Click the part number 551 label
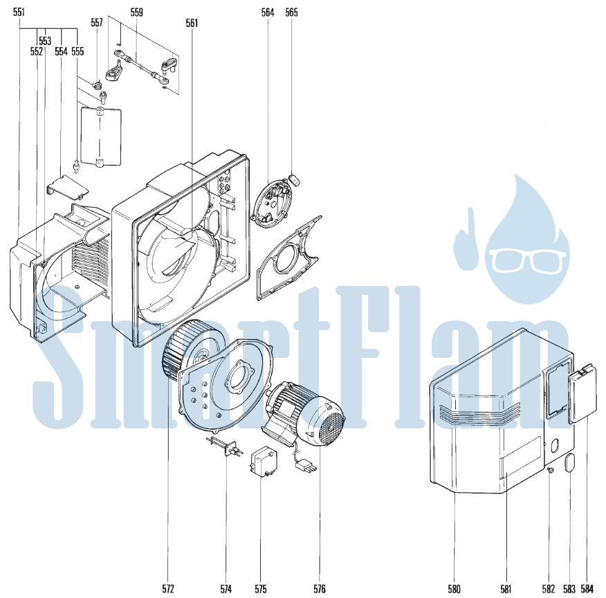tap(19, 12)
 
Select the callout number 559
tap(136, 12)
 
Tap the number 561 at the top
tap(192, 23)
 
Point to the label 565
tap(291, 12)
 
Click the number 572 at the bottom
tap(168, 589)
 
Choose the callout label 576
tap(320, 589)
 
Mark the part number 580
tap(454, 589)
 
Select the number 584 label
tap(587, 589)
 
